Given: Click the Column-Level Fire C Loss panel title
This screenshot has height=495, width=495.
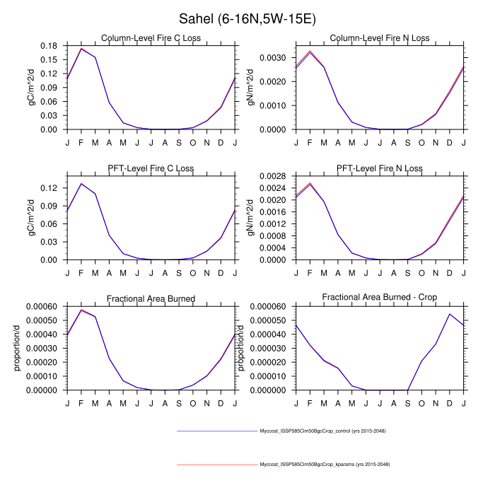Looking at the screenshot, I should click(x=150, y=37).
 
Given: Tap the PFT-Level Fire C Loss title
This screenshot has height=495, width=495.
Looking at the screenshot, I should click(x=150, y=168).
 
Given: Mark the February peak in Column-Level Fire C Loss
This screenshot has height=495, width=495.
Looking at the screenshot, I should click(x=81, y=49).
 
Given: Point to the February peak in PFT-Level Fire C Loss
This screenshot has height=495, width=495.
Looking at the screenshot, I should click(x=81, y=184).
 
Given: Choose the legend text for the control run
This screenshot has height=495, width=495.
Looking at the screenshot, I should click(x=322, y=431).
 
